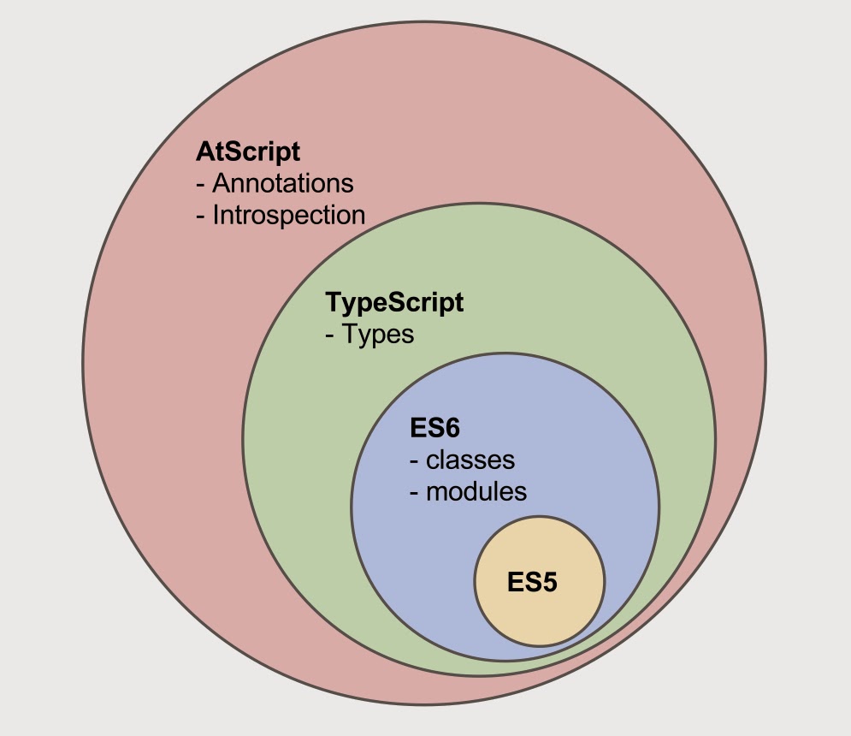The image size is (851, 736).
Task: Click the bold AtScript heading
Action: pos(248,152)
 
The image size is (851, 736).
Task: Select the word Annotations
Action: pos(283,183)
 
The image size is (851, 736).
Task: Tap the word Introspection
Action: pos(289,215)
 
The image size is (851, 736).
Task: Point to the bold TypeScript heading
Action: pos(394,302)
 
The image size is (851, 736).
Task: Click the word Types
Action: pos(378,334)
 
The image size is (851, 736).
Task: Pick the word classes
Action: pos(470,460)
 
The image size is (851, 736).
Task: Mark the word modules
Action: pos(476,492)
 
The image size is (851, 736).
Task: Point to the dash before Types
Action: pos(330,335)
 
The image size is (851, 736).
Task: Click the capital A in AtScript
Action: pos(204,152)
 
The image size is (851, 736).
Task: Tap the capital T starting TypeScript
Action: pos(334,302)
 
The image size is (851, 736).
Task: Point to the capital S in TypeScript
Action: pos(399,302)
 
